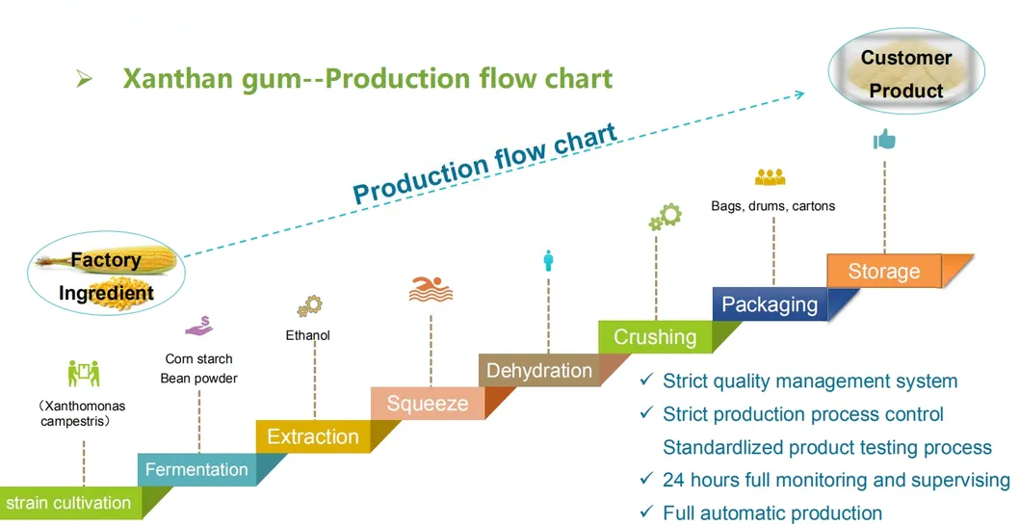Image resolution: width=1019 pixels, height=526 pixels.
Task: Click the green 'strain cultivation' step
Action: pos(69,503)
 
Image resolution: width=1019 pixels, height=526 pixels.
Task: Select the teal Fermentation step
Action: pos(196,469)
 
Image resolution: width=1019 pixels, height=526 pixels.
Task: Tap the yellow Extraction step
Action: pos(312,436)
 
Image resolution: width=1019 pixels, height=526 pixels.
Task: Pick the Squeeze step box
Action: pos(427,404)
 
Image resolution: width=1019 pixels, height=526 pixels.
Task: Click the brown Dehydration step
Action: pos(538,371)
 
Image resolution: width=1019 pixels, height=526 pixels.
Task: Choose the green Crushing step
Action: pos(655,337)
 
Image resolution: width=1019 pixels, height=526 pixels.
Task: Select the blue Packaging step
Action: pos(769,304)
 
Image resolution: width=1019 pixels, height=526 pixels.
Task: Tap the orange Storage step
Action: pos(883,272)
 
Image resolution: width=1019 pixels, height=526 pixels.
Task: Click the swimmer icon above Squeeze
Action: pos(430,289)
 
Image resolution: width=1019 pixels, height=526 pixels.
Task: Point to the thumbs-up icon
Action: pos(884,141)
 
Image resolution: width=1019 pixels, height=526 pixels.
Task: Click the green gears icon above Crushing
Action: pos(665,217)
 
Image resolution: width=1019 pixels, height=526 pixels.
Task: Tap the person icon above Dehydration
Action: pos(549,260)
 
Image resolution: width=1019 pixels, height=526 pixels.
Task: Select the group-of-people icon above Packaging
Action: pos(771,177)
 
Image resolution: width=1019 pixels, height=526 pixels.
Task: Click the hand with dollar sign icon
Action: pos(199,327)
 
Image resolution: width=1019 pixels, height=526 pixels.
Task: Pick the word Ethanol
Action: pos(308,335)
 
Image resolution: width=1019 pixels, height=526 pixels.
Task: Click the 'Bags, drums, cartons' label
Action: pos(772,205)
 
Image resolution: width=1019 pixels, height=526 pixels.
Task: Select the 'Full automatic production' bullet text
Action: pos(771,513)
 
